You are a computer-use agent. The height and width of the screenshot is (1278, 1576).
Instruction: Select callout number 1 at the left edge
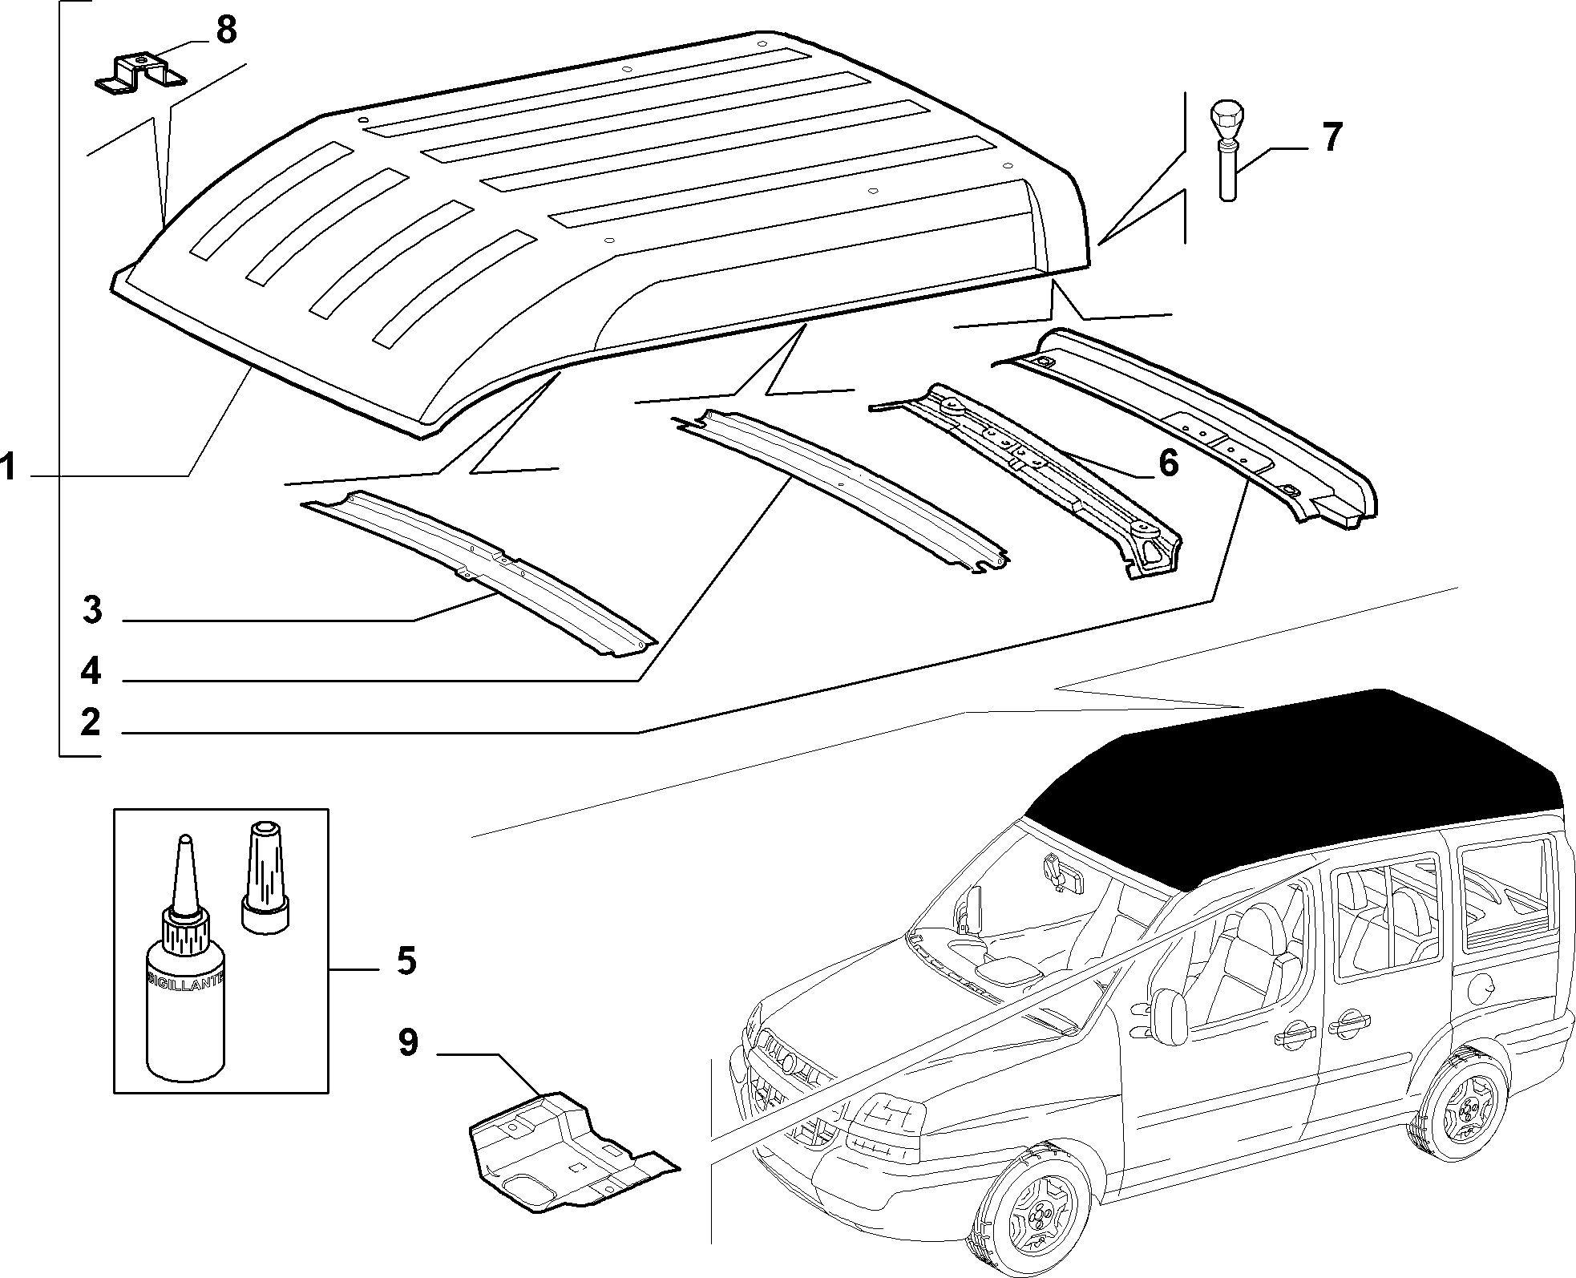[x=9, y=467]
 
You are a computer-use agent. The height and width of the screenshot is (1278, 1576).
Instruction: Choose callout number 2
[x=91, y=722]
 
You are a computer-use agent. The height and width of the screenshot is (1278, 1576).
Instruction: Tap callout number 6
[x=1168, y=463]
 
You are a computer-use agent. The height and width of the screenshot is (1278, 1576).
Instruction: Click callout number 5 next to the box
[x=406, y=960]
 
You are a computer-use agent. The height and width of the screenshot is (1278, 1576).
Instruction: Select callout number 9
[x=408, y=1043]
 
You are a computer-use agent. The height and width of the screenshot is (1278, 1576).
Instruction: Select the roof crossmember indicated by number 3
[x=478, y=574]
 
